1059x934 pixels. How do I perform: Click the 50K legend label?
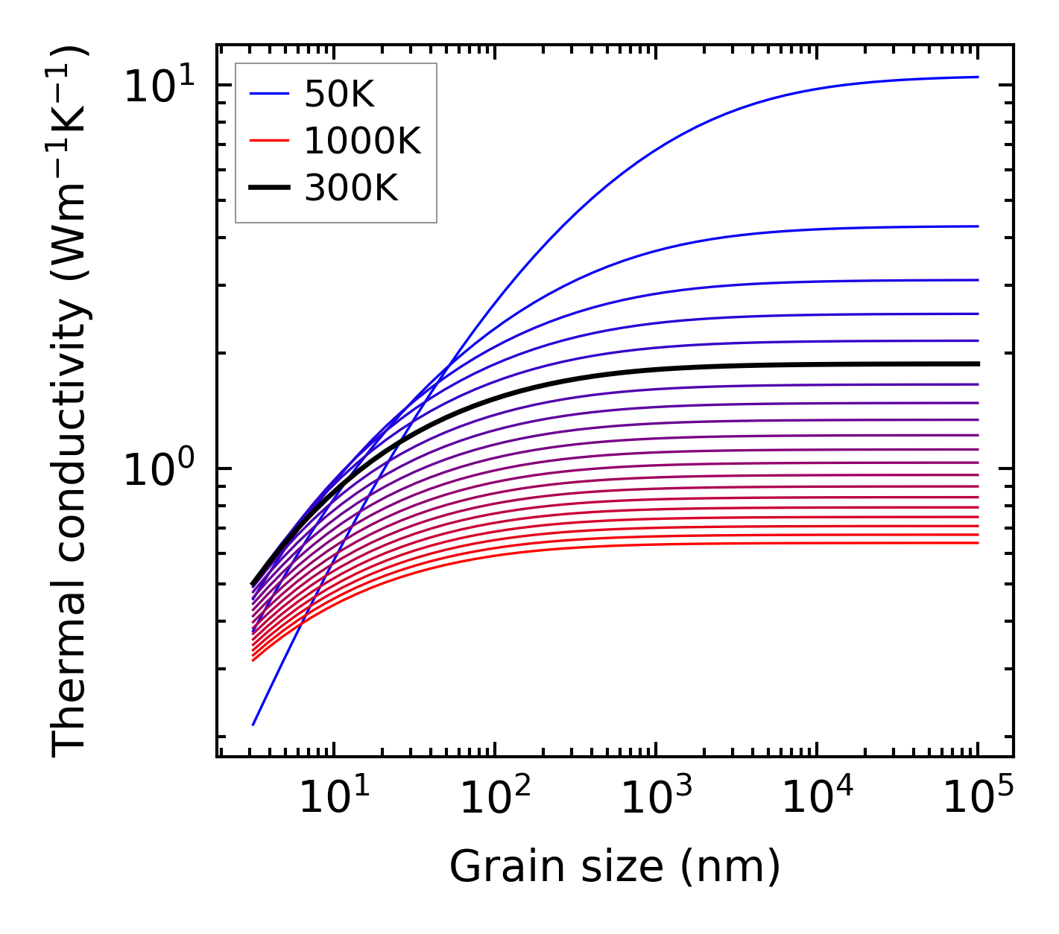point(339,95)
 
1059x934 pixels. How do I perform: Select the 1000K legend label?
point(362,141)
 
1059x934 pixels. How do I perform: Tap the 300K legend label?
point(351,188)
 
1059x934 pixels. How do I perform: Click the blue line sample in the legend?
point(269,94)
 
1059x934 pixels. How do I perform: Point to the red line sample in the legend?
point(269,141)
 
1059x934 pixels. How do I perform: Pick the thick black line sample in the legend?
point(269,188)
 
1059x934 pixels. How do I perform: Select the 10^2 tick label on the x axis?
point(495,798)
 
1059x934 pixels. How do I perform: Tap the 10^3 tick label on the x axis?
point(656,798)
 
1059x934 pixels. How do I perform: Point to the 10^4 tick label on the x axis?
point(817,798)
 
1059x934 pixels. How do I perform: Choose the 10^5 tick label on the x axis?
point(978,798)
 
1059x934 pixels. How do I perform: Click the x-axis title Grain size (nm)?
point(615,867)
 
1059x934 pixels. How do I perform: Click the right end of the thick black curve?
point(977,364)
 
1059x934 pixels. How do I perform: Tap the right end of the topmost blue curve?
point(977,77)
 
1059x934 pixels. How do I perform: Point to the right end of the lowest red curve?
point(977,542)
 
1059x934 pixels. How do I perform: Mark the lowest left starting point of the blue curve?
point(253,724)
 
